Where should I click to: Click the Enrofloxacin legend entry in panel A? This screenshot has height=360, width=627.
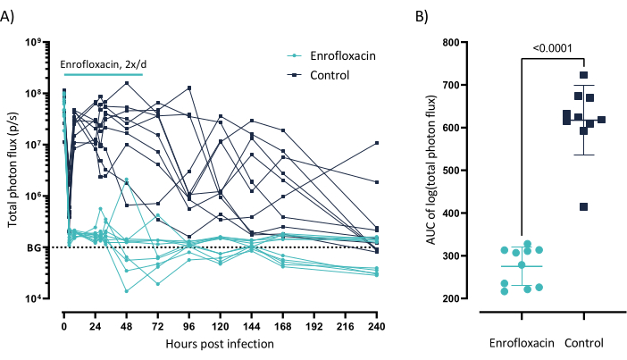click(343, 55)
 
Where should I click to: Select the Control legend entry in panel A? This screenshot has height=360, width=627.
click(330, 74)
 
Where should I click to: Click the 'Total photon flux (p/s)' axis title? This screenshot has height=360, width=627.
click(15, 170)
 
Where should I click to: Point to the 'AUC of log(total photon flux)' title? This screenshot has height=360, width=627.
click(432, 170)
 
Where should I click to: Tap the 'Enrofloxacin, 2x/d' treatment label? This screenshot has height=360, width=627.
click(101, 64)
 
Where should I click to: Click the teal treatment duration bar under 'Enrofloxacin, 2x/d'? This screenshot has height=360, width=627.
click(103, 75)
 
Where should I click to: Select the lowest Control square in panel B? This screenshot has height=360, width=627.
click(584, 207)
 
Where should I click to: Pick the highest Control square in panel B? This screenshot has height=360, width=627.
click(583, 75)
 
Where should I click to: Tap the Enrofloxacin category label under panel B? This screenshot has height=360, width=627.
click(522, 342)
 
